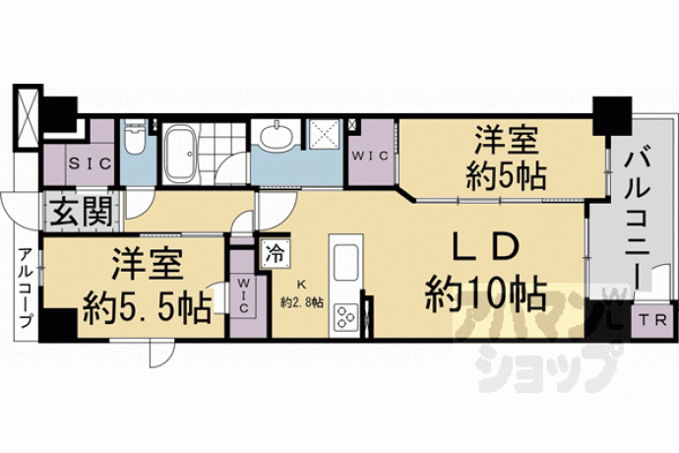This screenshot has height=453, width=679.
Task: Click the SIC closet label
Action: [x=91, y=163]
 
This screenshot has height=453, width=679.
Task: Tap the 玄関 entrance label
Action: [x=81, y=212]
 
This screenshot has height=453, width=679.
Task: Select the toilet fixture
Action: [x=134, y=138]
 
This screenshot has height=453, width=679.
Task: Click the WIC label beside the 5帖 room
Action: [x=370, y=156]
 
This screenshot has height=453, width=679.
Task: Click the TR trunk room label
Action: [x=653, y=321]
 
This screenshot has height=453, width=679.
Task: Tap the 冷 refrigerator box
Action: [x=275, y=254]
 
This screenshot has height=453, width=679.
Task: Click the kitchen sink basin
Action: [x=346, y=263]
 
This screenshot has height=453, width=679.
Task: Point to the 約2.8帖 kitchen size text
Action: [x=302, y=302]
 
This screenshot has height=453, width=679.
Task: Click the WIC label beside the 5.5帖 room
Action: [x=243, y=295]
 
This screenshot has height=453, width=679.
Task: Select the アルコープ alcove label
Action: [x=26, y=288]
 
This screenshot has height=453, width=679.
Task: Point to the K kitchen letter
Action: [x=301, y=285]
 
